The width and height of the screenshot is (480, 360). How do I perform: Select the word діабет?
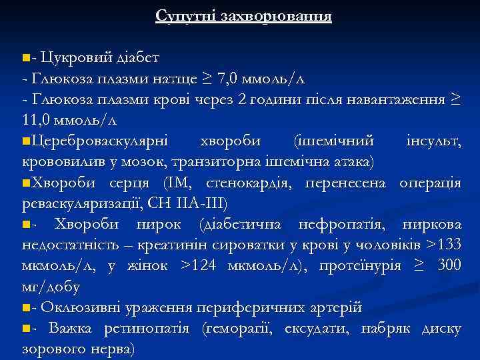point(136,57)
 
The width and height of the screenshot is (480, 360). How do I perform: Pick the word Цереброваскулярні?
point(100,141)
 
